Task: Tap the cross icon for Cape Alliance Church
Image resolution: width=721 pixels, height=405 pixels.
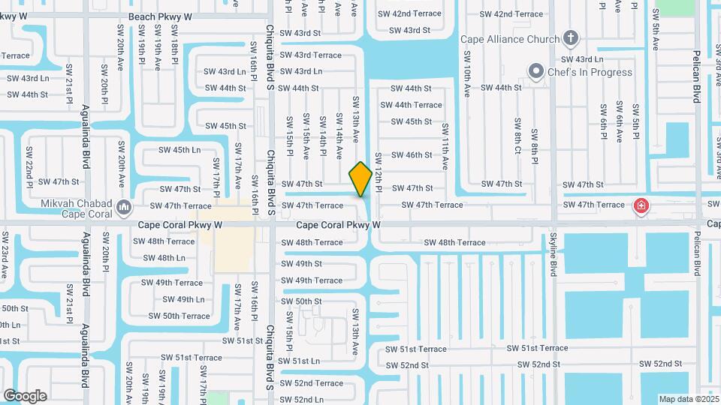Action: [x=571, y=38]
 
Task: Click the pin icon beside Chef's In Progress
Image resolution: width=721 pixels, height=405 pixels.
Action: [x=535, y=72]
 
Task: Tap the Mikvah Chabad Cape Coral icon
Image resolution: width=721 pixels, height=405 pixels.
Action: [x=125, y=206]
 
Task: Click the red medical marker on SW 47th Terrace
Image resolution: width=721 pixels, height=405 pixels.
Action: [x=641, y=205]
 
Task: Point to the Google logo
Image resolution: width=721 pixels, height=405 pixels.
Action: [x=25, y=395]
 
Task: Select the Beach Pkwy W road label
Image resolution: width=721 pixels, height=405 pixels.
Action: [x=160, y=16]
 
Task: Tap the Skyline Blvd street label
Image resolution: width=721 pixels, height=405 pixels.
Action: [x=554, y=259]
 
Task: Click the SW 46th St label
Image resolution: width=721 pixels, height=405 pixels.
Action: [x=412, y=155]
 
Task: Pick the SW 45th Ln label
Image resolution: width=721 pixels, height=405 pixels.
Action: [x=179, y=150]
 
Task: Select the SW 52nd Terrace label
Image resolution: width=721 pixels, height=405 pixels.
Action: [x=311, y=383]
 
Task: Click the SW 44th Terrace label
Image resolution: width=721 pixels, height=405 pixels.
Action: [x=417, y=105]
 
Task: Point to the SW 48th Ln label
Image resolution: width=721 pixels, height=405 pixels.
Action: [x=164, y=258]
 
